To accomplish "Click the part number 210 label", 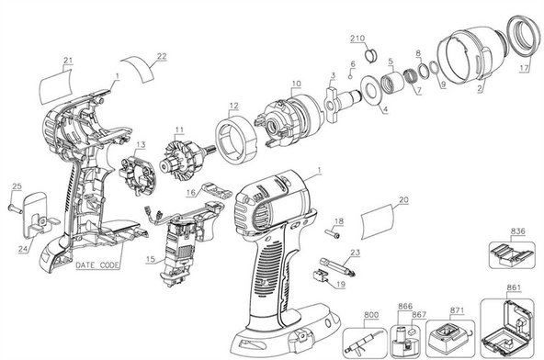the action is click(357, 38).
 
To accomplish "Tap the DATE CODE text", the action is click(97, 265).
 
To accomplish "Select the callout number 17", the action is click(524, 68).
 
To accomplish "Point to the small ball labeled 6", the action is click(350, 76).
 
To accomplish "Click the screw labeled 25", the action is click(15, 208).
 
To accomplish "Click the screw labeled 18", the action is click(333, 234).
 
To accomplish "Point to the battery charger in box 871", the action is click(449, 337).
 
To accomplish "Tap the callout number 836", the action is click(517, 231).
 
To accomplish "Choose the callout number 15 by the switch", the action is click(150, 259).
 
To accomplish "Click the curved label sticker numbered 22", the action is click(139, 68).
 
